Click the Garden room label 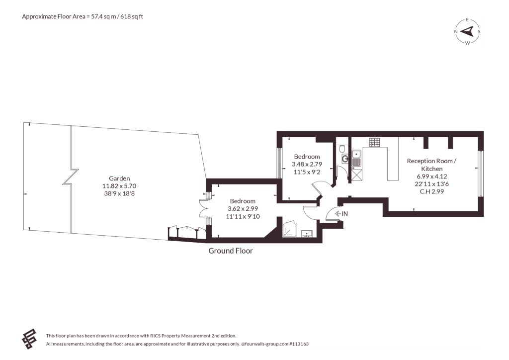[x=119, y=178]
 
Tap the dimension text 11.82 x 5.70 [x=119, y=186]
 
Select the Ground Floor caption [x=231, y=251]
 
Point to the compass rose [x=467, y=31]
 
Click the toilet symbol [x=342, y=148]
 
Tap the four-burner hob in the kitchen [x=374, y=142]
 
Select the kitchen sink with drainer [x=356, y=158]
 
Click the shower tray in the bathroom [x=289, y=230]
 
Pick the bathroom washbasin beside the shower [x=307, y=234]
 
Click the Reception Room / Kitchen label [x=432, y=165]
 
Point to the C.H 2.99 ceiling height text [x=432, y=191]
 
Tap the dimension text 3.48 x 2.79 [x=307, y=164]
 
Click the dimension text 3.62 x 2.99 [x=243, y=209]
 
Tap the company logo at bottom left [x=29, y=339]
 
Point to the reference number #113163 [x=299, y=344]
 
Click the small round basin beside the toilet [x=345, y=159]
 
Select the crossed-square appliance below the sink [x=356, y=175]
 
